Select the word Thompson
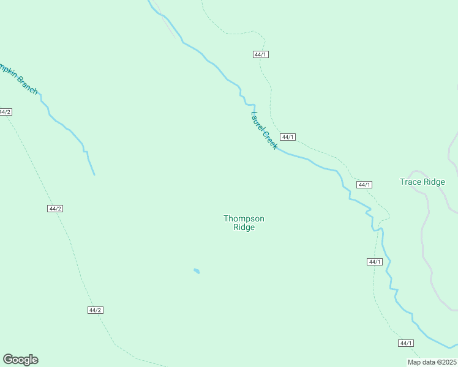point(244,218)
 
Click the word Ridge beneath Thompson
point(244,228)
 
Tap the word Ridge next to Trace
point(434,182)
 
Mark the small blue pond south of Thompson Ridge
point(197,270)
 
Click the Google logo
point(20,360)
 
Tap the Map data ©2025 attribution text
point(432,362)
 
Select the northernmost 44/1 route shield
point(261,54)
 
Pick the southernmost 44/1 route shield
point(405,343)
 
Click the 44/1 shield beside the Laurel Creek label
point(288,137)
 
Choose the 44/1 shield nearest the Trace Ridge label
point(364,185)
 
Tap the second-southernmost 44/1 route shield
point(375,262)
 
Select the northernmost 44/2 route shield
point(5,112)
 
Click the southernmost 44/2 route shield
point(95,310)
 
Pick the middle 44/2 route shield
point(55,209)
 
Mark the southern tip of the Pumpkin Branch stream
point(94,175)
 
